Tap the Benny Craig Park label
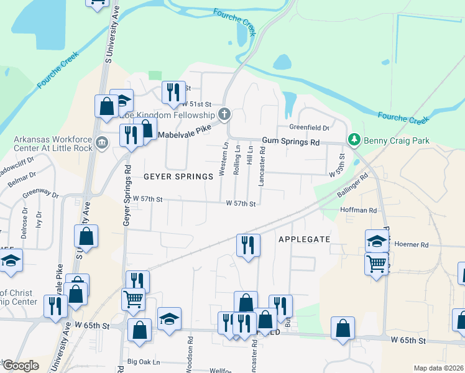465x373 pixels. [x=397, y=140]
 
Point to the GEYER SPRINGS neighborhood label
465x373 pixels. [x=179, y=177]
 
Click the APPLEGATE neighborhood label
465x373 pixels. [x=303, y=239]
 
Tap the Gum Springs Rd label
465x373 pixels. [x=290, y=142]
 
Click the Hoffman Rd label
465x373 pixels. [x=359, y=211]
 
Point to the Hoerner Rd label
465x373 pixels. [x=412, y=244]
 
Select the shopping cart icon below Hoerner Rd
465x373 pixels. [x=376, y=264]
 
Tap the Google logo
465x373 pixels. [x=21, y=366]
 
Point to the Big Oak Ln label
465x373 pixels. [x=144, y=361]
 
